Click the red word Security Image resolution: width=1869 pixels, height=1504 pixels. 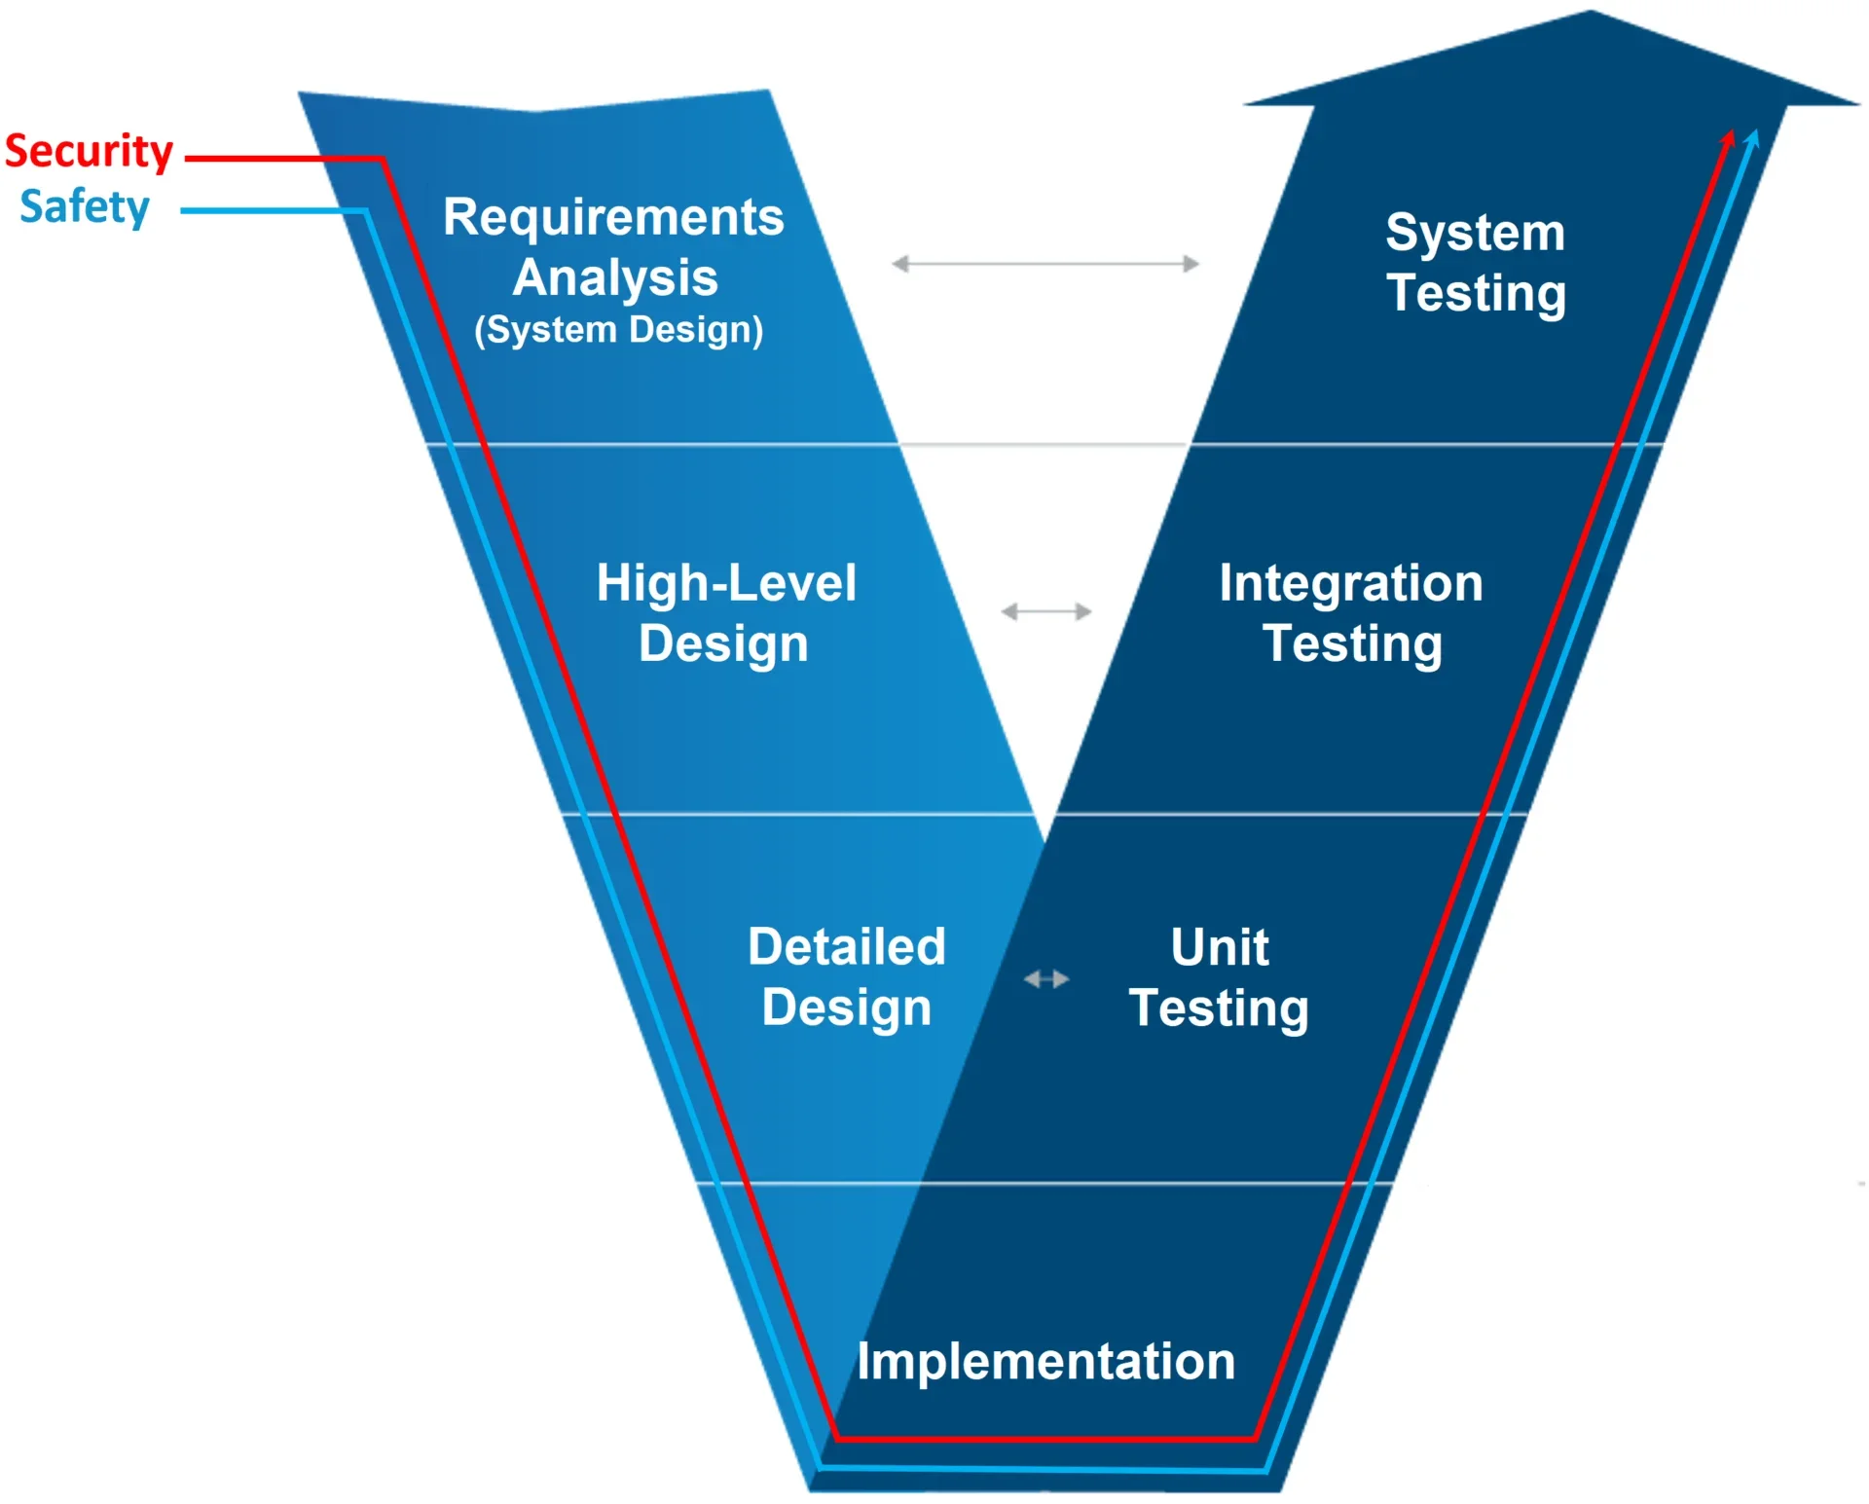coord(89,152)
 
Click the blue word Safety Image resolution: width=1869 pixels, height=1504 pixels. coord(85,207)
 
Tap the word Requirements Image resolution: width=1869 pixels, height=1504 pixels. coord(613,217)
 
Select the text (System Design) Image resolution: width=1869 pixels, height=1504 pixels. coord(619,330)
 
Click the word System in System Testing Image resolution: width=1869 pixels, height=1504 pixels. coord(1475,234)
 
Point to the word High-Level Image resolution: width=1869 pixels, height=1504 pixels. coord(726,583)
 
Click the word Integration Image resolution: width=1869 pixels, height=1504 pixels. coord(1351,583)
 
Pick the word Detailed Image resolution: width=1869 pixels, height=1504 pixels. coord(847,946)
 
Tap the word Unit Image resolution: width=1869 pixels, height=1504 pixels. coord(1220,946)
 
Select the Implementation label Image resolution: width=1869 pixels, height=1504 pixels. coord(1045,1361)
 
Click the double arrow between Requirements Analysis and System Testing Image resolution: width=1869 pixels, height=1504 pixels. coord(1045,264)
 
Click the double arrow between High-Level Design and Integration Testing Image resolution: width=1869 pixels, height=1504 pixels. coord(1046,611)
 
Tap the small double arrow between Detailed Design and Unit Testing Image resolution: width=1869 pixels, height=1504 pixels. coord(1046,979)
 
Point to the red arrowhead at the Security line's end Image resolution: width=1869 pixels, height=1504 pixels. coord(1728,137)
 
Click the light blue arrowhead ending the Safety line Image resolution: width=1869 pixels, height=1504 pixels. coord(1752,137)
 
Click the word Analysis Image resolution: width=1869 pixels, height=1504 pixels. coord(615,277)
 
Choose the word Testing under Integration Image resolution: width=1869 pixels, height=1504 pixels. coord(1352,644)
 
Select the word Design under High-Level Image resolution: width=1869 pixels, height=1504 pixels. coord(723,644)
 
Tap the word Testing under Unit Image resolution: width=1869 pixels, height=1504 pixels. coord(1219,1009)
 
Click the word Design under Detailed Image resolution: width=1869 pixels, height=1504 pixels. coord(847,1009)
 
